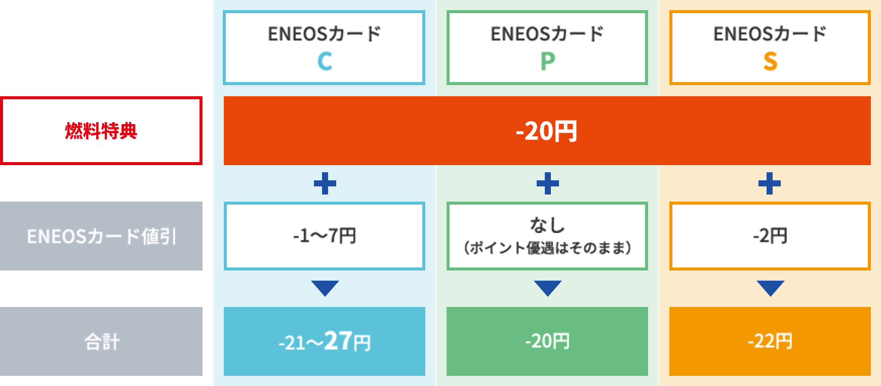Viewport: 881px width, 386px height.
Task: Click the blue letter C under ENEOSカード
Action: coord(325,61)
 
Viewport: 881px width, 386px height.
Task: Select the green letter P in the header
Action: coord(547,61)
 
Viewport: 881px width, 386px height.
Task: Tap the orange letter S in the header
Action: coord(770,61)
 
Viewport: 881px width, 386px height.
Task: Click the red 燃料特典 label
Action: coord(101,131)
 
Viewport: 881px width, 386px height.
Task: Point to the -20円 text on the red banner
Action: coord(547,131)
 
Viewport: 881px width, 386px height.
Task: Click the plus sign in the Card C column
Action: coord(325,183)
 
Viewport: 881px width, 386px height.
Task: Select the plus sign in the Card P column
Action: coord(548,183)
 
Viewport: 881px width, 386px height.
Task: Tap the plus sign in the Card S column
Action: coord(770,183)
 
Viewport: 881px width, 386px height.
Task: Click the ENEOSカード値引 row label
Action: coord(101,236)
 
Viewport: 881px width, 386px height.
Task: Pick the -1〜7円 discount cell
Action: coord(324,236)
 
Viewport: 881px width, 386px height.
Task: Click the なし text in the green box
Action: coord(547,225)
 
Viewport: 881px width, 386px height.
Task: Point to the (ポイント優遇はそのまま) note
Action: coord(547,248)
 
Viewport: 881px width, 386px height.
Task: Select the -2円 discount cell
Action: coord(770,236)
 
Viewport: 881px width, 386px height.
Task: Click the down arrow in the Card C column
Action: coord(325,288)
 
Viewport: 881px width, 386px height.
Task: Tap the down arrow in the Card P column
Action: coord(548,288)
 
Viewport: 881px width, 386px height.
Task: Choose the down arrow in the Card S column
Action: coord(771,288)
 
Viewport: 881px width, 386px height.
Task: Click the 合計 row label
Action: coord(102,341)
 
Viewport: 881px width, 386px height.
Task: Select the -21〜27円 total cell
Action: coord(325,341)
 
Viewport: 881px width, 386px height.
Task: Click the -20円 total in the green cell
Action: coord(547,341)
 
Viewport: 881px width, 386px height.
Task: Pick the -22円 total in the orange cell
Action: coord(770,341)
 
